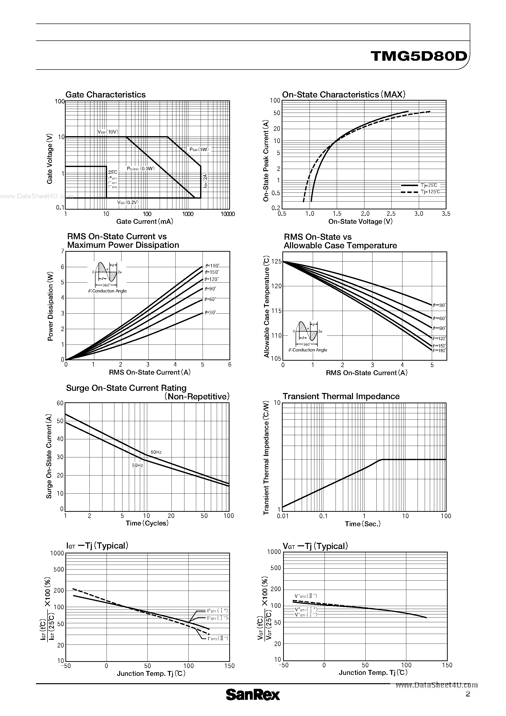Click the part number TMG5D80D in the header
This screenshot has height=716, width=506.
[419, 56]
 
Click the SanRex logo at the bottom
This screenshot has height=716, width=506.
[253, 694]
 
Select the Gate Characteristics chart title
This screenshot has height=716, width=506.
[106, 95]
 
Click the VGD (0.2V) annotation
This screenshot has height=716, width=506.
[128, 203]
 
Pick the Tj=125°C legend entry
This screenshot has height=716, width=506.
[430, 192]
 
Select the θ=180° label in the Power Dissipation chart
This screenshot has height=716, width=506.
[212, 266]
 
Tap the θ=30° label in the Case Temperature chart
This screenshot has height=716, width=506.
[439, 305]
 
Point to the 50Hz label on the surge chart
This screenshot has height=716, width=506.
[137, 465]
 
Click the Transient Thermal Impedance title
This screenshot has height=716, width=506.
[341, 396]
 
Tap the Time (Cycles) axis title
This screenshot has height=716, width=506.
[147, 523]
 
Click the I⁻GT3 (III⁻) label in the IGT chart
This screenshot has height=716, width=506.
[218, 638]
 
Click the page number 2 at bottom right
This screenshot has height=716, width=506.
[468, 694]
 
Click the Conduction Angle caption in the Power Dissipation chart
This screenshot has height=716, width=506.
[107, 291]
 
